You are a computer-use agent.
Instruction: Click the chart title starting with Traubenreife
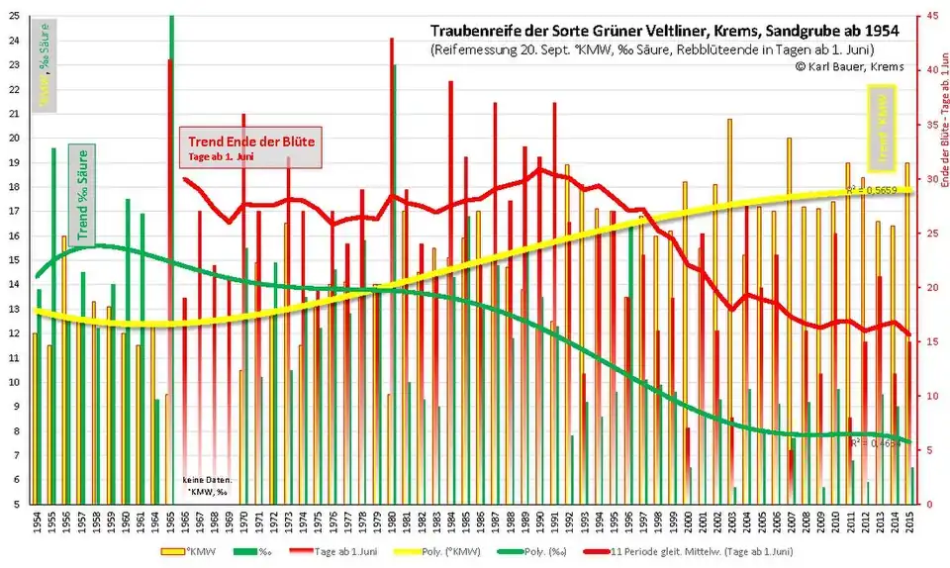656,32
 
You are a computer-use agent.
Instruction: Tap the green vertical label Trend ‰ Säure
83,182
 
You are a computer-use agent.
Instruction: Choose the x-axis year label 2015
908,522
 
